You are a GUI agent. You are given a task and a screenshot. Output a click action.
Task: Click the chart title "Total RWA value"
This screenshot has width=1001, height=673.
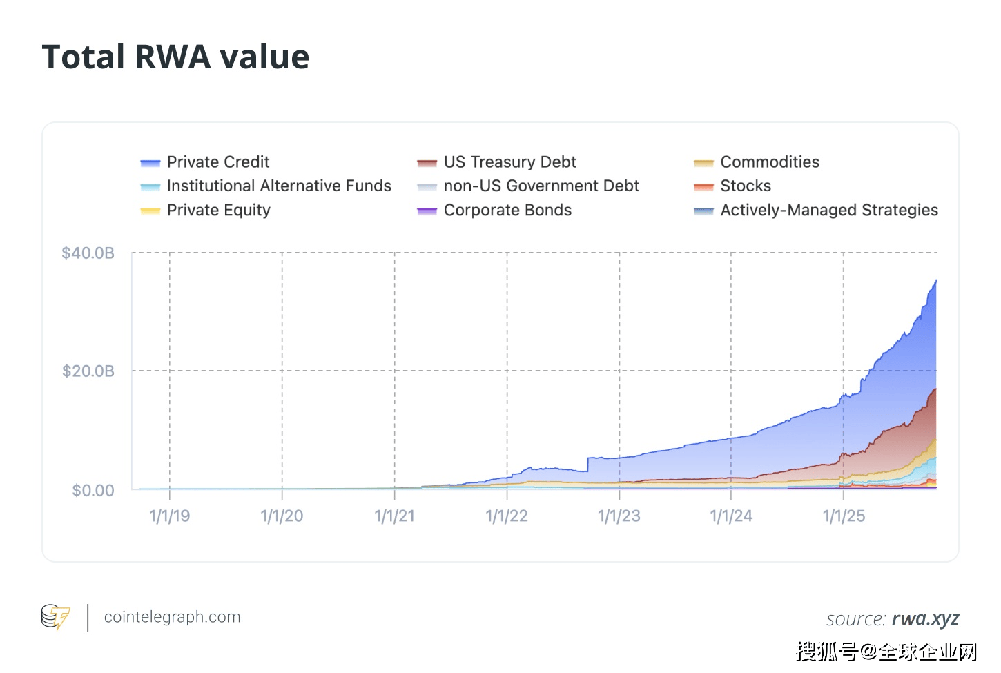(175, 57)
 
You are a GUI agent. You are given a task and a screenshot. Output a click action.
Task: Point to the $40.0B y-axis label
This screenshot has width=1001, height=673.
(88, 253)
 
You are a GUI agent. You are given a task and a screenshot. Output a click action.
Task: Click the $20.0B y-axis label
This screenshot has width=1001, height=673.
(88, 371)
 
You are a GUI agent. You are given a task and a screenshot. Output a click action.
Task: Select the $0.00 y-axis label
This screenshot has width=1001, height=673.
(93, 491)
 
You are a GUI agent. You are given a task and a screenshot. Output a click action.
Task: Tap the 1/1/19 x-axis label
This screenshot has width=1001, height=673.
(170, 516)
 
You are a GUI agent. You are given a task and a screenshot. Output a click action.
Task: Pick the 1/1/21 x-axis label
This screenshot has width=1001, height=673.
(395, 516)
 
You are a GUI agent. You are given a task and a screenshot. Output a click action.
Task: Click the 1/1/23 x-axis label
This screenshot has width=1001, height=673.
(619, 516)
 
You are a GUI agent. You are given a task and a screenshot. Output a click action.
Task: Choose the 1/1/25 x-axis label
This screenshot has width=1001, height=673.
(844, 516)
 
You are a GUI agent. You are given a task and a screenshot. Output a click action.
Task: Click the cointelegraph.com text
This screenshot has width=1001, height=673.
(172, 617)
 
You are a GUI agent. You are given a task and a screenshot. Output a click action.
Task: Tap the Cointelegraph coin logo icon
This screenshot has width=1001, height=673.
(55, 617)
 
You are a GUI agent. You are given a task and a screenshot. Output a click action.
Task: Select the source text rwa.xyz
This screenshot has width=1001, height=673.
(925, 619)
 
